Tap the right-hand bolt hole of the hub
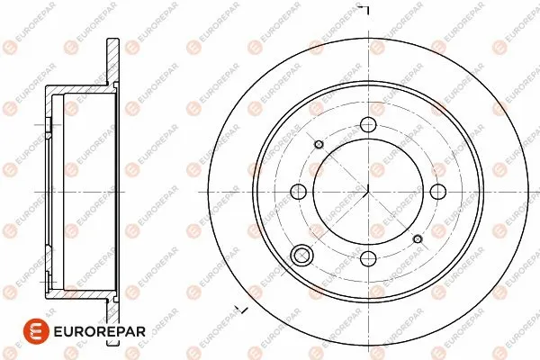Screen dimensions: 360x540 (x=437, y=191)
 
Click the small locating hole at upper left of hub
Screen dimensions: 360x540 (x=319, y=143)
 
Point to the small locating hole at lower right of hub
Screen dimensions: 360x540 (x=417, y=238)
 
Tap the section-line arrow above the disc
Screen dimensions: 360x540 (x=364, y=8)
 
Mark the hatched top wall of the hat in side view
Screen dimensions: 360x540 (x=81, y=86)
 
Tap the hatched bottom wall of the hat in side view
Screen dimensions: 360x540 (x=81, y=295)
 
